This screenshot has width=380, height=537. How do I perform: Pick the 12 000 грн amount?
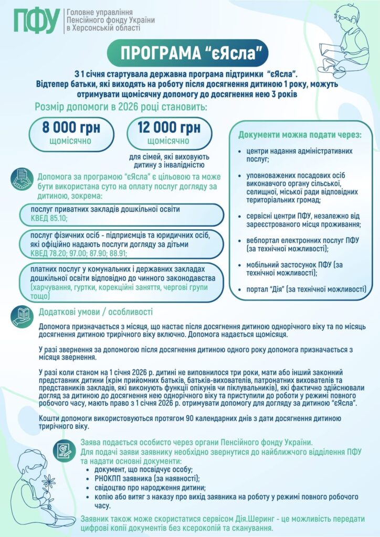click(x=169, y=127)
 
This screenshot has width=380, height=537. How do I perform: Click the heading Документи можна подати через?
click(x=300, y=135)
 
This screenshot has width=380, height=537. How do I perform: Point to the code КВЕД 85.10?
click(x=50, y=218)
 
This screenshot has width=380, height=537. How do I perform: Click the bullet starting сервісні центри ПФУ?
click(x=303, y=220)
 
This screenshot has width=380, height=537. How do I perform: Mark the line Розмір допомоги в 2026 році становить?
click(x=121, y=107)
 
